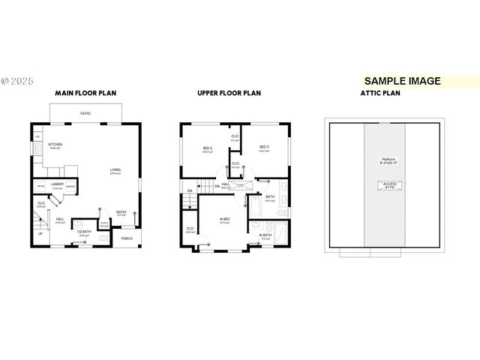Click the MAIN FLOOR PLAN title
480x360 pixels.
click(x=85, y=94)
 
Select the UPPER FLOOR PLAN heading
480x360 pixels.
click(x=229, y=94)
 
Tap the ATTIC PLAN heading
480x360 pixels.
click(x=381, y=94)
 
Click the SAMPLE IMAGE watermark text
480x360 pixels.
click(x=402, y=81)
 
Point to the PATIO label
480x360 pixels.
click(x=86, y=113)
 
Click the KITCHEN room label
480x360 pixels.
click(x=54, y=144)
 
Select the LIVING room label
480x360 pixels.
click(x=115, y=169)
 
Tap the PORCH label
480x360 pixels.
click(x=127, y=238)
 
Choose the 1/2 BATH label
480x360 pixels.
click(x=84, y=231)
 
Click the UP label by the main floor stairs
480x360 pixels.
click(x=40, y=233)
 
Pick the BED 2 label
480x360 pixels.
click(x=207, y=148)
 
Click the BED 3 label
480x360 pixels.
click(x=265, y=147)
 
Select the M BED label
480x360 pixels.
click(x=224, y=218)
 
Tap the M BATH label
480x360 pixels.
click(x=265, y=235)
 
